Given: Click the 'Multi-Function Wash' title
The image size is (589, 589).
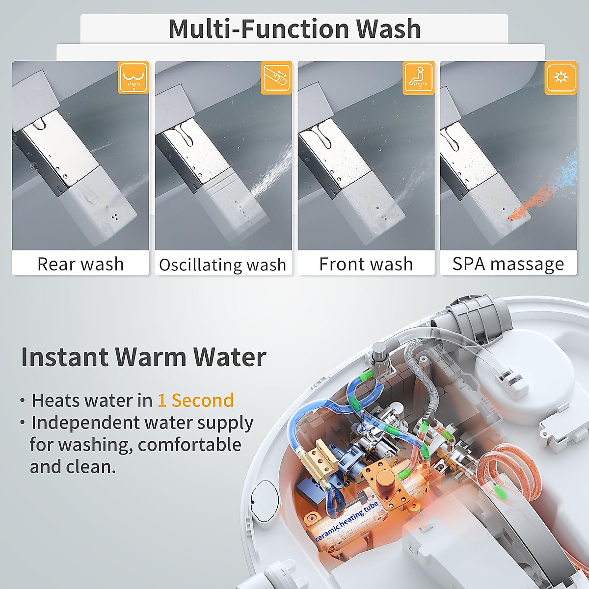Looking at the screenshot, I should [x=294, y=28].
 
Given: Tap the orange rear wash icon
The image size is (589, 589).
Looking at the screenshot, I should [x=133, y=78].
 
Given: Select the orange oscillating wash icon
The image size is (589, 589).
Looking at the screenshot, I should [x=276, y=78].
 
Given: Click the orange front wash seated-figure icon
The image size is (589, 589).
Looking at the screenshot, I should [x=418, y=78].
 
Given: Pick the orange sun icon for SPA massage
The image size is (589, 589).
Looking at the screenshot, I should [x=561, y=78].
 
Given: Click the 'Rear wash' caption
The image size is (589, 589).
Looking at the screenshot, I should [x=80, y=264].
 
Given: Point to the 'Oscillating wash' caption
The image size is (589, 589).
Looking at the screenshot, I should [x=223, y=265].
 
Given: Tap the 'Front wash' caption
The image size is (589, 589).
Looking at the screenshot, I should [x=366, y=264].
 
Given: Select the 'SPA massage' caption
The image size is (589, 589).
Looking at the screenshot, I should [x=508, y=264].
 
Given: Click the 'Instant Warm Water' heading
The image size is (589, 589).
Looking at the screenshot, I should [x=143, y=357].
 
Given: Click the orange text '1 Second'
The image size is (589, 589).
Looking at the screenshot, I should [x=195, y=401].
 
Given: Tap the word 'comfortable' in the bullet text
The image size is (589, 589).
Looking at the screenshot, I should [x=189, y=445].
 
